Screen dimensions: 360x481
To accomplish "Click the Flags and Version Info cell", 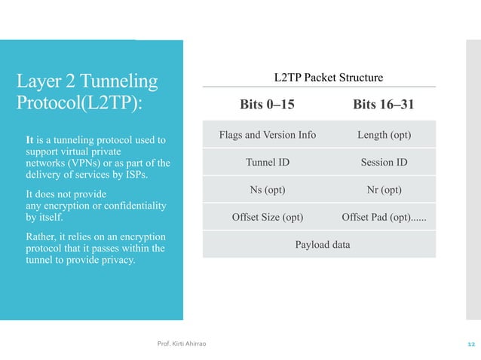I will click(268, 136).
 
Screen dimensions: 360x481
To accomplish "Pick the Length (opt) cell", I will click(384, 136).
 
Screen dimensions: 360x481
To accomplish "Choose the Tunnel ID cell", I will click(268, 163).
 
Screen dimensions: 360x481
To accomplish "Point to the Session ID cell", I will click(384, 163).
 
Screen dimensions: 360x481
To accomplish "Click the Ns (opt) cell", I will click(268, 190).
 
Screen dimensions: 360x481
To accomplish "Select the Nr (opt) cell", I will click(384, 190).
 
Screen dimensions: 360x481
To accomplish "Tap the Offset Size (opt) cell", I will click(268, 218).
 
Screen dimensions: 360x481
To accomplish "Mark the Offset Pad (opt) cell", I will click(384, 218).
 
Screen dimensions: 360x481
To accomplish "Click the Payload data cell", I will click(323, 245).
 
